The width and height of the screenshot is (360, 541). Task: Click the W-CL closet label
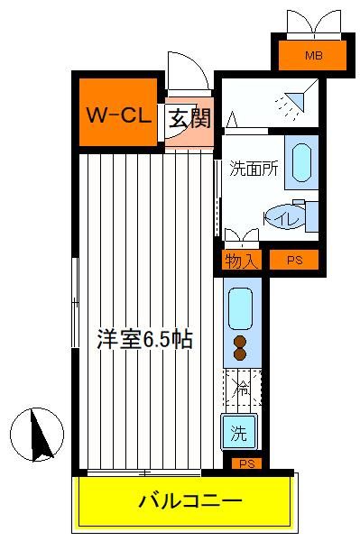[x=119, y=115]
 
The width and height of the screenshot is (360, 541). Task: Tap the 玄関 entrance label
[x=189, y=118]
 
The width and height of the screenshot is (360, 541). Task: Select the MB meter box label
[x=313, y=55]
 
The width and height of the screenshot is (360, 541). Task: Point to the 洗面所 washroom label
[x=254, y=169]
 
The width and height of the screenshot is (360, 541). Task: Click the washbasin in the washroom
[x=301, y=162]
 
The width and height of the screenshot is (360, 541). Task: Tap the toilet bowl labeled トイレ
[x=284, y=217]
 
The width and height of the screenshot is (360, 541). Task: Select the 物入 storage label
[x=241, y=261]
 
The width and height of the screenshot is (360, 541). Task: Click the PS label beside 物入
[x=295, y=260]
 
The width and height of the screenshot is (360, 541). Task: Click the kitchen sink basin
[x=240, y=308]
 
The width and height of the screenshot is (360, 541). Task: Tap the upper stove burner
[x=240, y=342]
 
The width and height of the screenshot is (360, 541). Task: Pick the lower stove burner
[x=240, y=353]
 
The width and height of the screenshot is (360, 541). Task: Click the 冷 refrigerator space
[x=243, y=388]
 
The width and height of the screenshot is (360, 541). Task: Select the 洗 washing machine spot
[x=239, y=432]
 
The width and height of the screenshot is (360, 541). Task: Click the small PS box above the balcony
[x=247, y=463]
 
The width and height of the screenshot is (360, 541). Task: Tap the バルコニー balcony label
[x=190, y=500]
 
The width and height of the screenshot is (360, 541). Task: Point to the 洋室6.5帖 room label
[x=144, y=339]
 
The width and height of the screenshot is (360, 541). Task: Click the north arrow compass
[x=37, y=435]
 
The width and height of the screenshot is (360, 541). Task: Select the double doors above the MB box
[x=314, y=23]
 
